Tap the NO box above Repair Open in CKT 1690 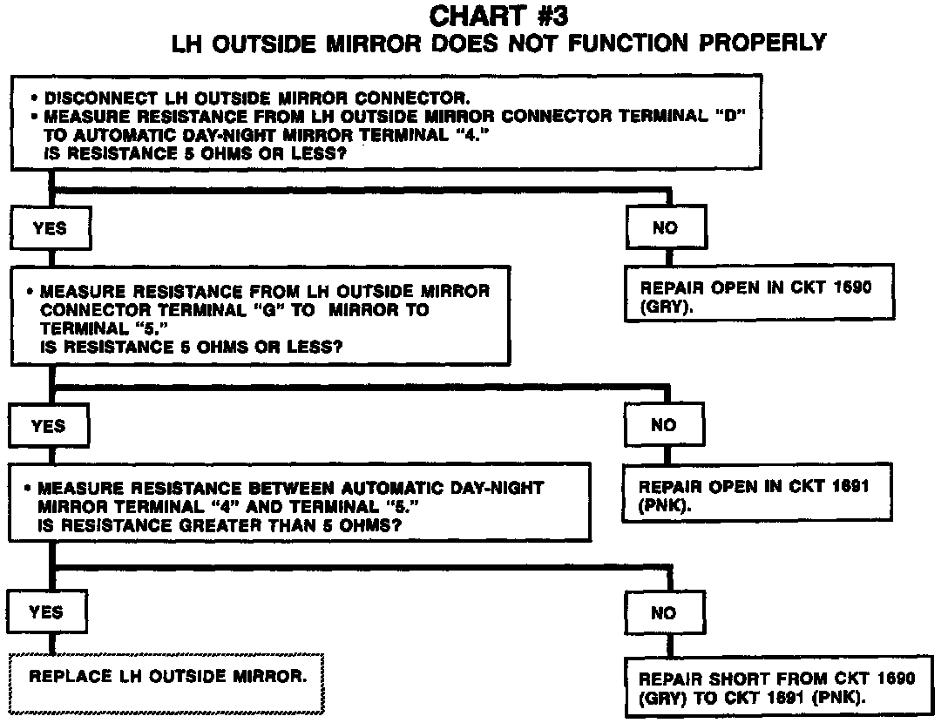point(665,228)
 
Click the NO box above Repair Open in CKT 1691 point(663,425)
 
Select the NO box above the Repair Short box point(663,613)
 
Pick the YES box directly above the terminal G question point(49,228)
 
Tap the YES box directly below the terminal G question point(48,425)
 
